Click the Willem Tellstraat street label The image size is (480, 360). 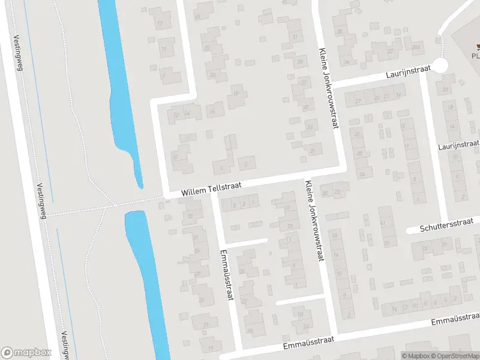(x=211, y=190)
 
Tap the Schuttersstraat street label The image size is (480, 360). (x=443, y=226)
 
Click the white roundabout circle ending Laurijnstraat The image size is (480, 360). (x=441, y=65)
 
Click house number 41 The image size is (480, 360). (x=383, y=223)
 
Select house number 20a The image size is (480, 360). (x=416, y=47)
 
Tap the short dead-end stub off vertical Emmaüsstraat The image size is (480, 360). (x=246, y=242)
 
